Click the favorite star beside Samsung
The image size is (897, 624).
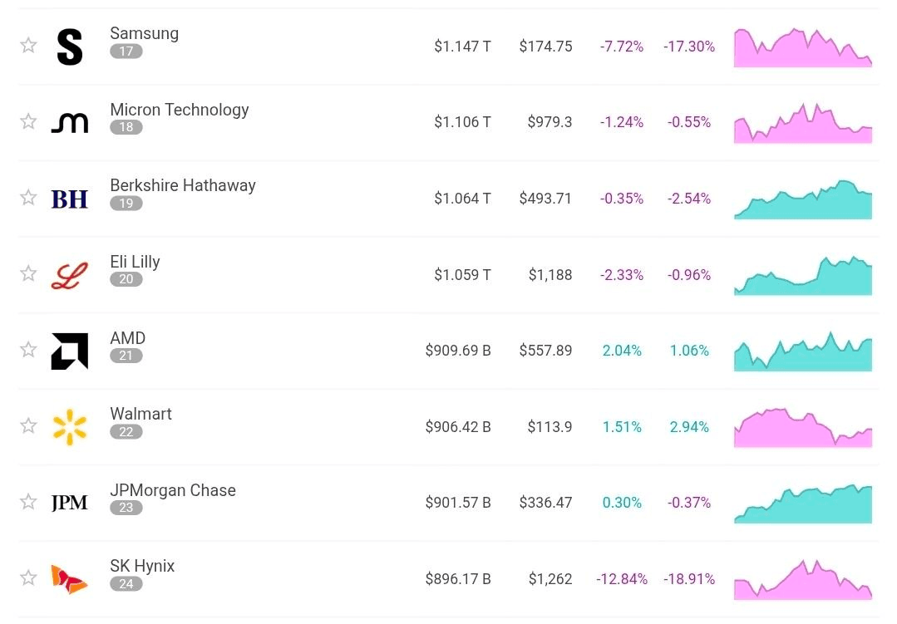[28, 45]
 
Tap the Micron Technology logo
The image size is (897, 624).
[70, 122]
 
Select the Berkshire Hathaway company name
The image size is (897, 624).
[183, 185]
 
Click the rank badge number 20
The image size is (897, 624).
[126, 279]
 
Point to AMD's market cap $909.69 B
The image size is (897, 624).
[458, 350]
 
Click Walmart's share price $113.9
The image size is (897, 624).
[550, 427]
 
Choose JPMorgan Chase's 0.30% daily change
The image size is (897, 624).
[622, 502]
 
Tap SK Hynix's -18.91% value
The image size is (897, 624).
[689, 579]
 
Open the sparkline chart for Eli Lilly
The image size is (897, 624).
[803, 276]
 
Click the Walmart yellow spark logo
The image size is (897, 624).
[70, 427]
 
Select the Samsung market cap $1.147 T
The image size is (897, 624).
[462, 46]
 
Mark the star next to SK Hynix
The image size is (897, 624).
[28, 577]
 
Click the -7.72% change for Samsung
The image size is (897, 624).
[622, 46]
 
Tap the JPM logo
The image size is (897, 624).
[70, 502]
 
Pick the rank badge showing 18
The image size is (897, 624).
[126, 127]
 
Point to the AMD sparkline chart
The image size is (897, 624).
[803, 351]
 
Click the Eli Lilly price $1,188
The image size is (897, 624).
[550, 274]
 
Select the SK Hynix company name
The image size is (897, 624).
[142, 566]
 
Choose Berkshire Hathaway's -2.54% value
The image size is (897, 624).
[689, 198]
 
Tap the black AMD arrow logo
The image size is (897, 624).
[70, 351]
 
